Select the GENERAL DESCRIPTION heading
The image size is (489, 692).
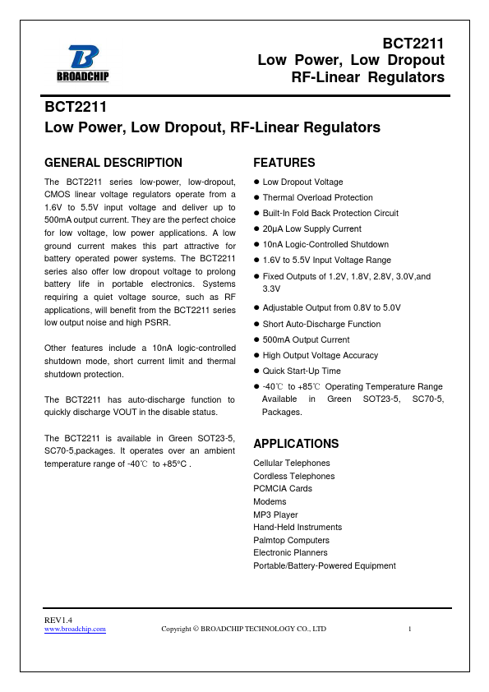coord(113,163)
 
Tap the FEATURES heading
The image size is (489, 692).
coord(284,163)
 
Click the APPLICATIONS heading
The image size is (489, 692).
coord(296,444)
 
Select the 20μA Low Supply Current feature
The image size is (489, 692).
coord(311,228)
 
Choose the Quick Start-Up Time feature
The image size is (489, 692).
coord(301,371)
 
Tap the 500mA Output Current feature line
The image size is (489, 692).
coord(306,339)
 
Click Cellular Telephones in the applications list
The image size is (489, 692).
coord(292,464)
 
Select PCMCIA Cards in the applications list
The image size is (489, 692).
coord(283,489)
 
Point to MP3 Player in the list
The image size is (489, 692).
coord(275,514)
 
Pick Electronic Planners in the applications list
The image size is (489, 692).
coord(290,553)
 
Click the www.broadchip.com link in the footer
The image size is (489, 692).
coord(75,629)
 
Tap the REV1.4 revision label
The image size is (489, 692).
coord(58,619)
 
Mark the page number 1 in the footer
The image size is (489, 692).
coord(409,629)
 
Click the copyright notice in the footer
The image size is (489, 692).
coord(243,629)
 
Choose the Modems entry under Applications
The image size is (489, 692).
coord(270,501)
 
